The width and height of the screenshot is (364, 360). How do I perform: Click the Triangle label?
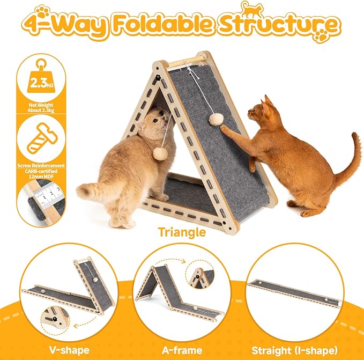click(x=182, y=232)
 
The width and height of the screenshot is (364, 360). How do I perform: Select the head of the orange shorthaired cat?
click(x=261, y=115)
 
